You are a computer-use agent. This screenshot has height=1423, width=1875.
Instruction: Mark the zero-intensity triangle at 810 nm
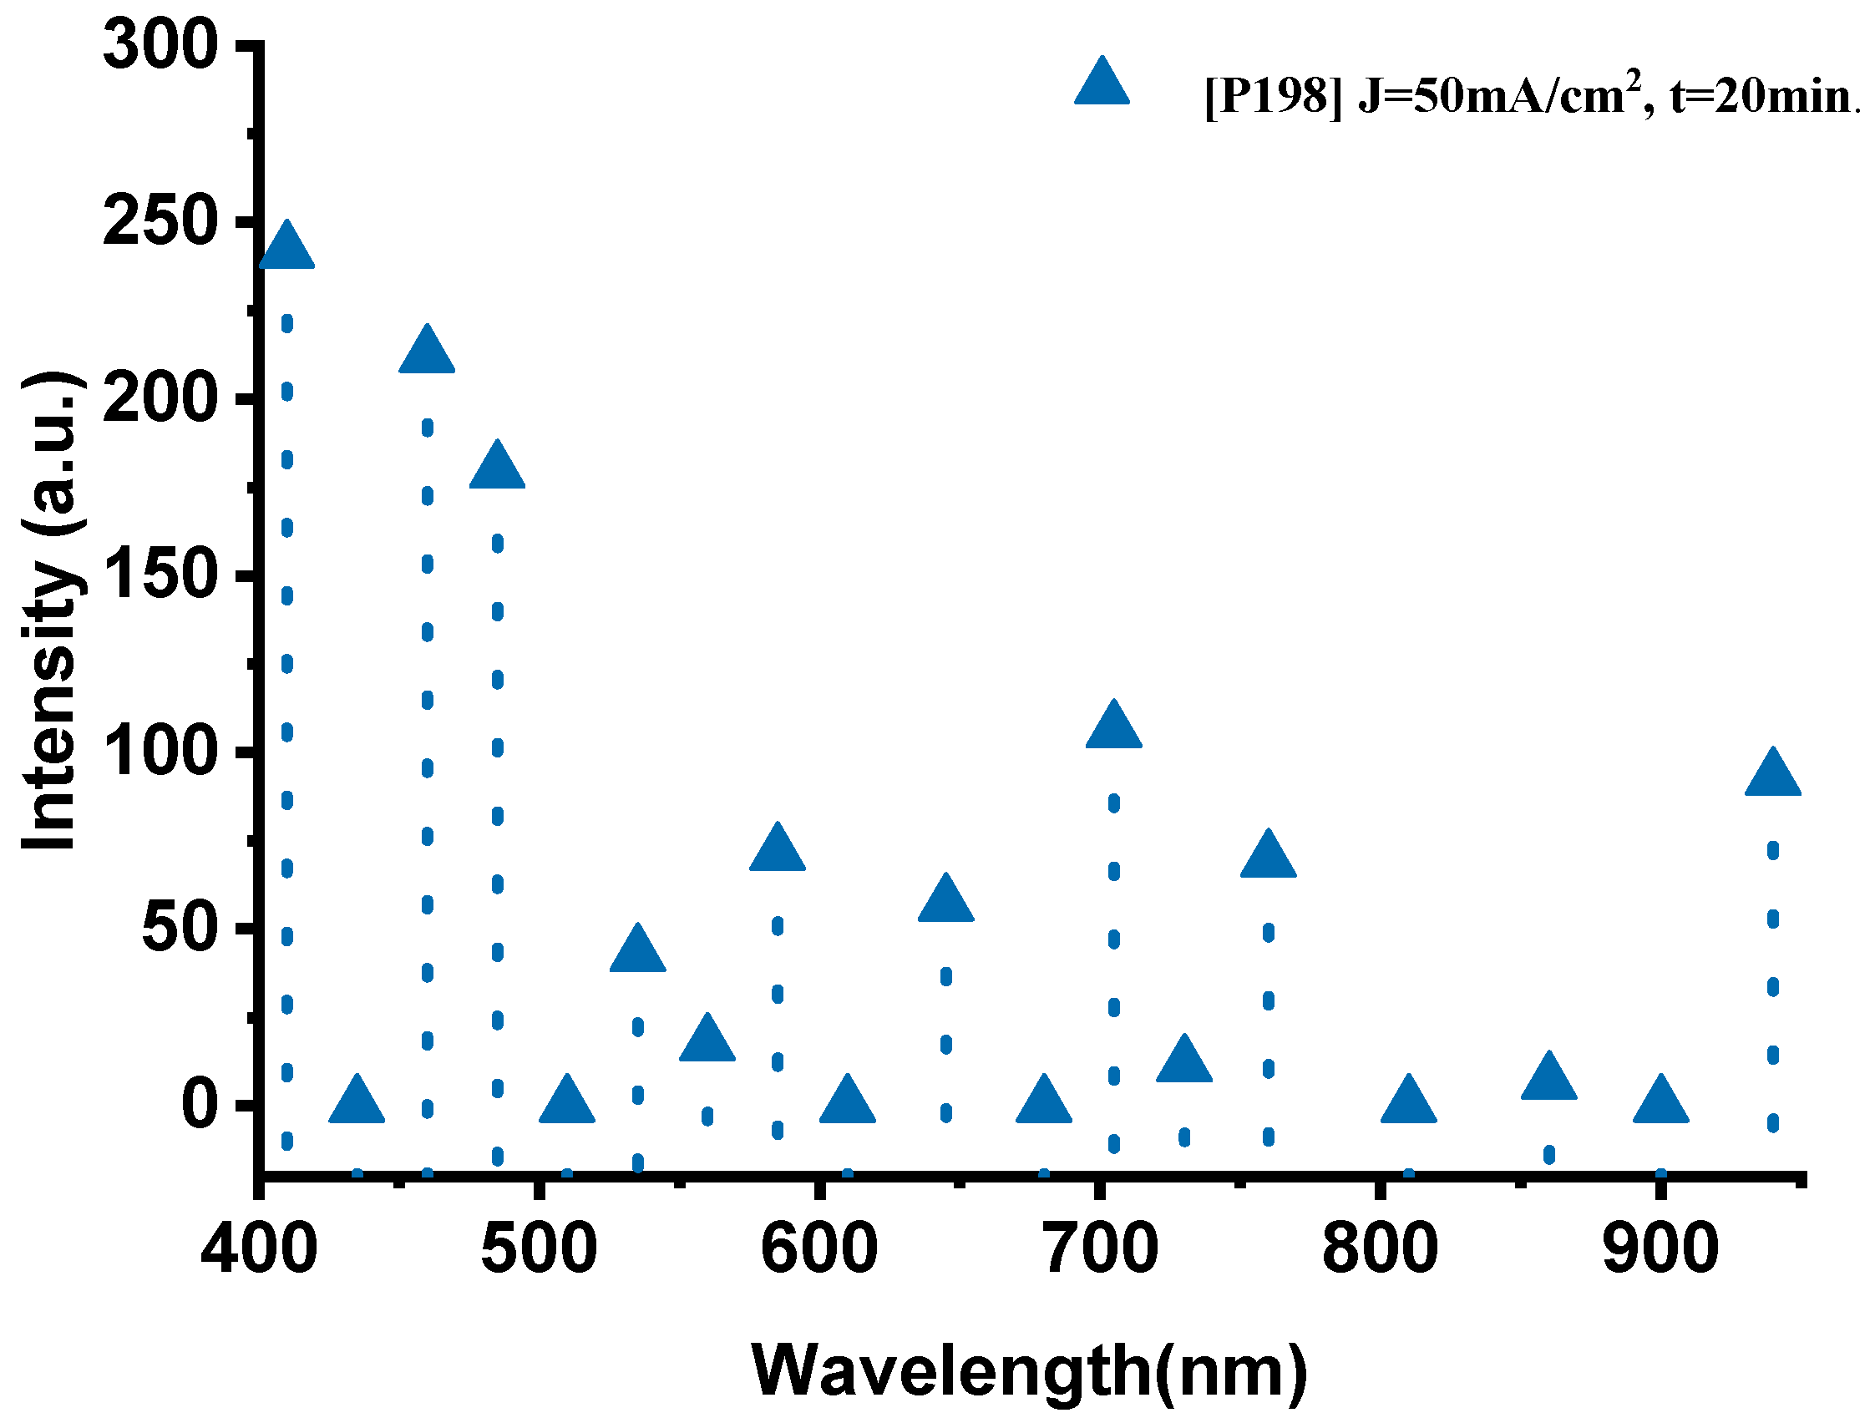click(x=1409, y=1102)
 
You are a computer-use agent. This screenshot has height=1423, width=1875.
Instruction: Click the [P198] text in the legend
click(x=1273, y=98)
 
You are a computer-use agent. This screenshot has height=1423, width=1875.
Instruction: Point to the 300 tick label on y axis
click(x=160, y=44)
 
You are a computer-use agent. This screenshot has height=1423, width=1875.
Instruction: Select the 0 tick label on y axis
click(x=201, y=1104)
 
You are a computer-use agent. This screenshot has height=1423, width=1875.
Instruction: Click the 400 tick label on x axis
click(x=260, y=1248)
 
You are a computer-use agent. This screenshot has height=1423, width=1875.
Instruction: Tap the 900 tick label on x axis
click(x=1660, y=1248)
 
